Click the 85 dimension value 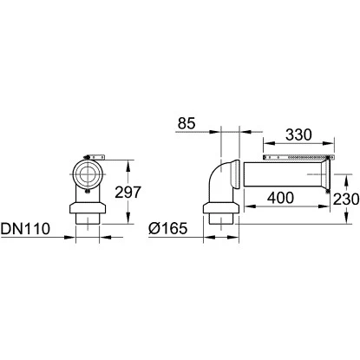click(187, 123)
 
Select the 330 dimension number click(298, 134)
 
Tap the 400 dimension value click(280, 198)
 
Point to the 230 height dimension click(346, 200)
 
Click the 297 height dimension click(128, 193)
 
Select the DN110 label click(25, 229)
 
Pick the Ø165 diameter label click(168, 228)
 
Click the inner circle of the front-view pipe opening click(88, 173)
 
